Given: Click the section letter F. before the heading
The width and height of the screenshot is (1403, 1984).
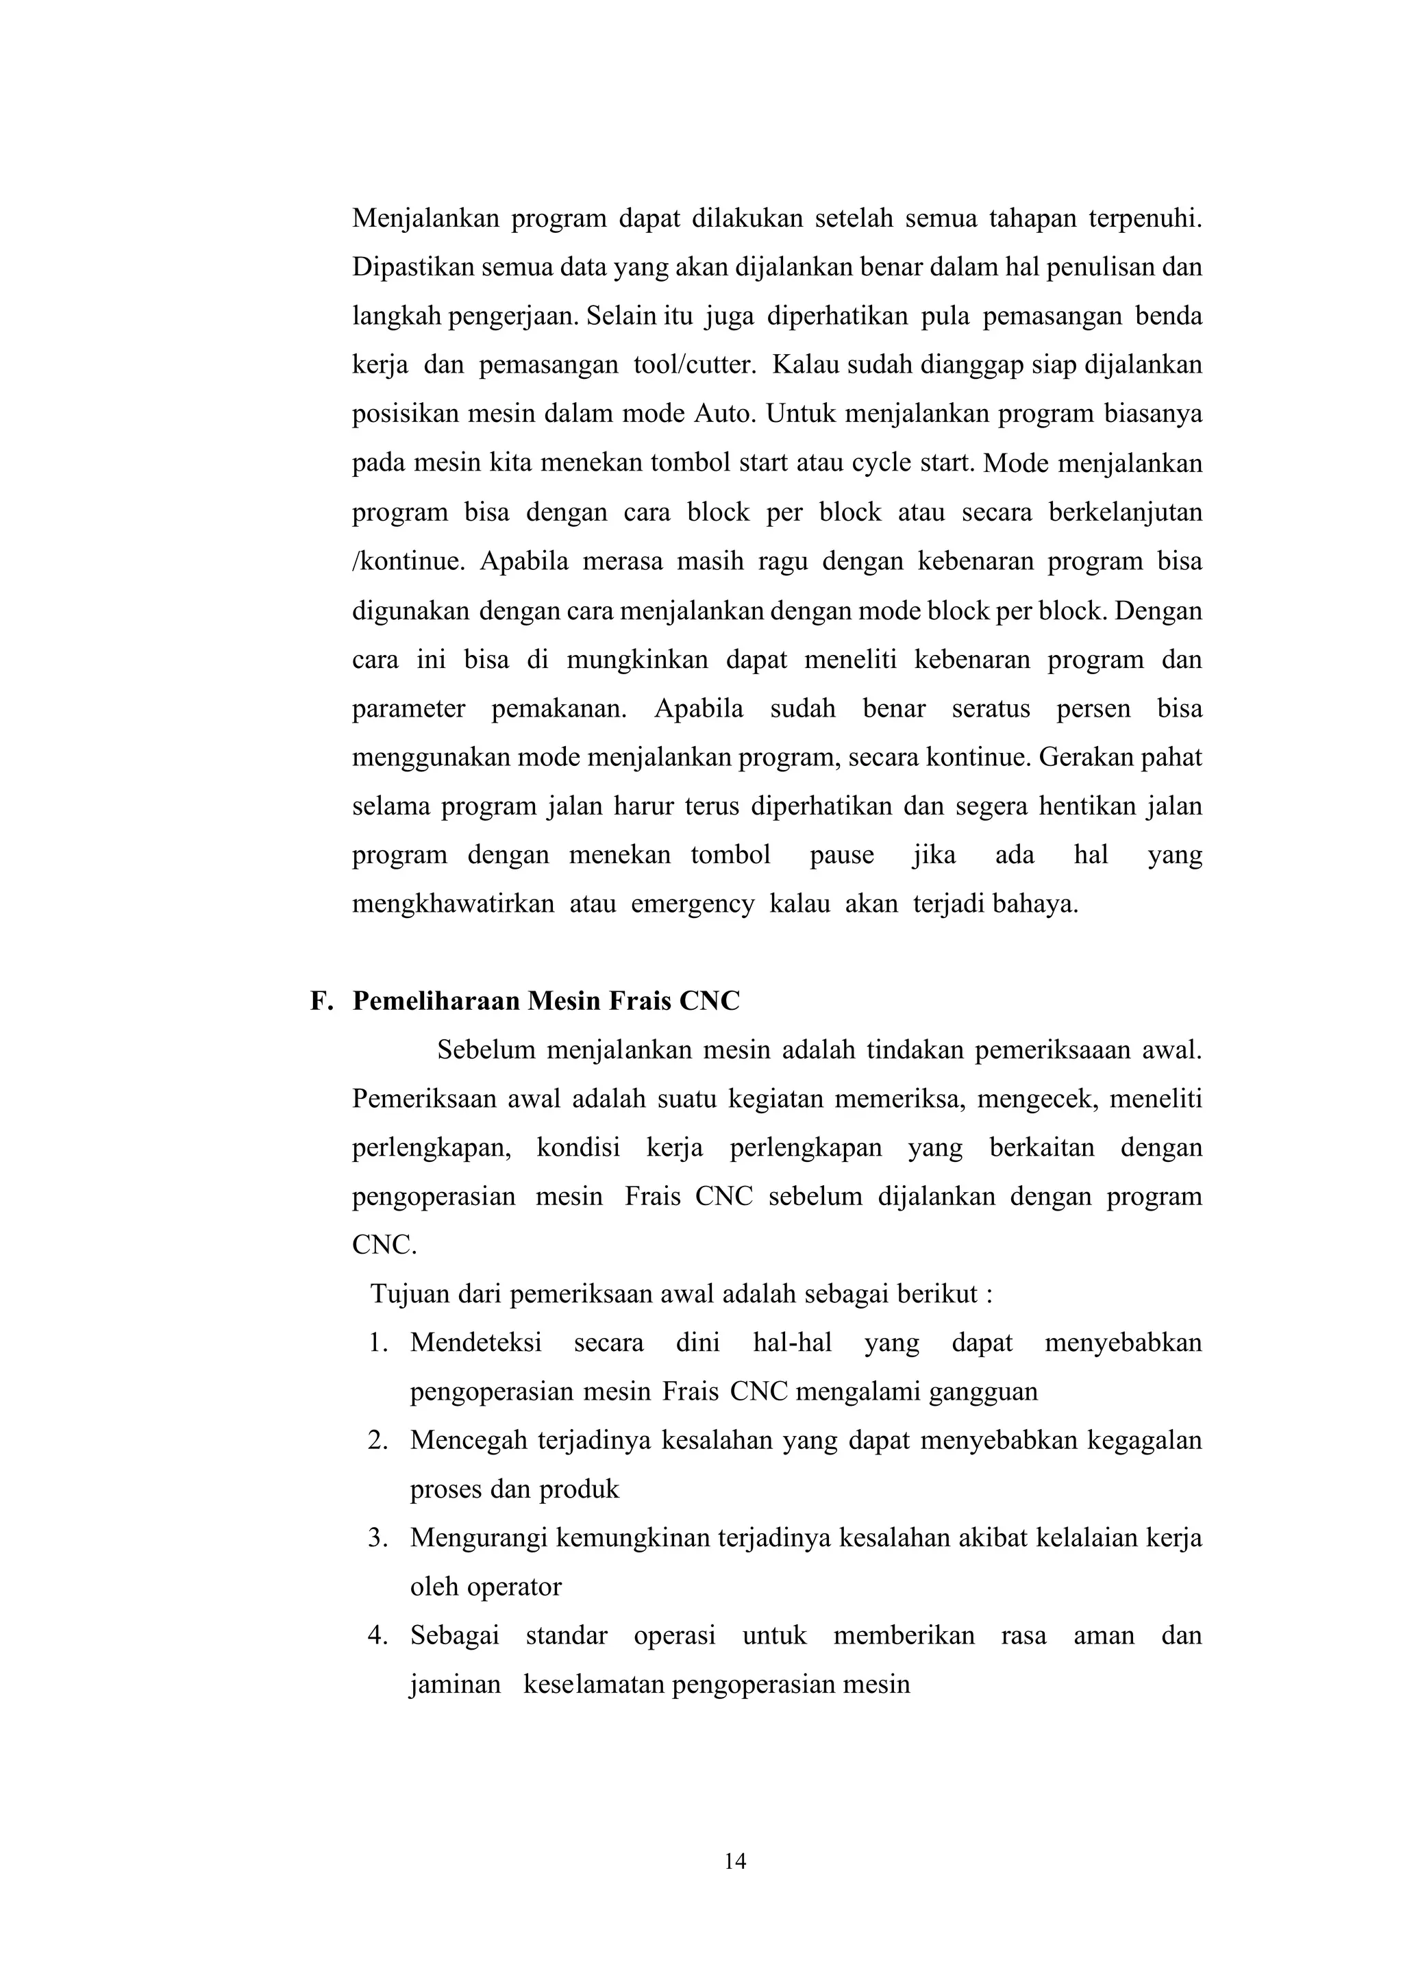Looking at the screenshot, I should point(321,1001).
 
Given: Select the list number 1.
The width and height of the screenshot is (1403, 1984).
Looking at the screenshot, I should point(377,1343).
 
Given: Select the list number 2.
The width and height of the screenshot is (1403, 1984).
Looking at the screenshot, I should point(377,1441).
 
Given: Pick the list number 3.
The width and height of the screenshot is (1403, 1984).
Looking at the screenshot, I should point(377,1538).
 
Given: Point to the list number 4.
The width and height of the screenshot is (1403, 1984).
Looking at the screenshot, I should point(377,1636).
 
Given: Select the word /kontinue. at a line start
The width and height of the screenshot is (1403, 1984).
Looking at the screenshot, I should point(408,562).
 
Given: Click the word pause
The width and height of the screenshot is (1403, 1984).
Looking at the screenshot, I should point(841,856).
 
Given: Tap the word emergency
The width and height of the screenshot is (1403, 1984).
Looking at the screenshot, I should point(692,905).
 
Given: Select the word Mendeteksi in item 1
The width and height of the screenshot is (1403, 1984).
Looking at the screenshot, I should point(475,1343).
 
